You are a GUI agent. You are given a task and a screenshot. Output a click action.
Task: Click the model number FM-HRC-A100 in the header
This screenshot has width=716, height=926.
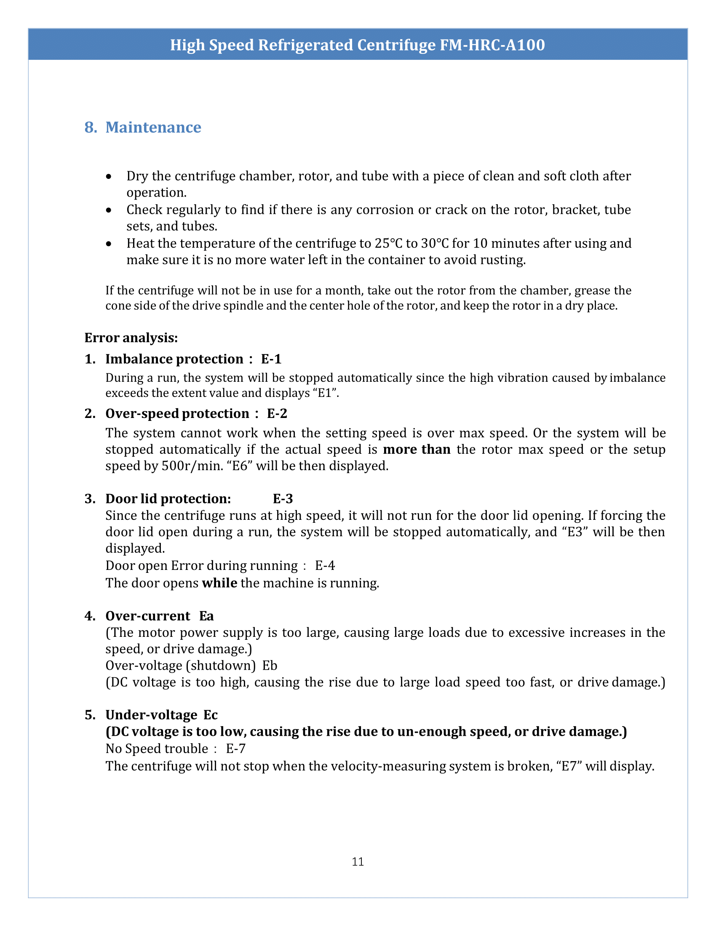(x=492, y=45)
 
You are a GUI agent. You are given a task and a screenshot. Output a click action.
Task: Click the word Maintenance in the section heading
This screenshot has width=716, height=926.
(x=153, y=127)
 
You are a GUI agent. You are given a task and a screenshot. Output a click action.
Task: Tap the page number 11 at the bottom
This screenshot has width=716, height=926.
(x=358, y=862)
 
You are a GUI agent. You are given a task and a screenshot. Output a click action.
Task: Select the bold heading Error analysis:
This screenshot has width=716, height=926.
(x=131, y=338)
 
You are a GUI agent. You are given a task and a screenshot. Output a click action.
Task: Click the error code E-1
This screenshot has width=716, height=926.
(x=271, y=359)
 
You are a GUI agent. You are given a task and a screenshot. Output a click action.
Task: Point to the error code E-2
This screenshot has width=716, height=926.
(x=277, y=413)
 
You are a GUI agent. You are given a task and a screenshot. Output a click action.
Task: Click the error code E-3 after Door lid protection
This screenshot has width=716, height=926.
(x=283, y=499)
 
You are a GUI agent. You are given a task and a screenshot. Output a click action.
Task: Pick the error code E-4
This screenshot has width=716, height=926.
(x=325, y=566)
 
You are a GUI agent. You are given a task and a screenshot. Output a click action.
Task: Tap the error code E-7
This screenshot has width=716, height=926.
(x=235, y=749)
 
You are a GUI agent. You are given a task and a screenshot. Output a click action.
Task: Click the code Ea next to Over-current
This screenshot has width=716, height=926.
(x=206, y=616)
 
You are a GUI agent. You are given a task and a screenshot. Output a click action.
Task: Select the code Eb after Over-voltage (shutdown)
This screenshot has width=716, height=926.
(x=270, y=666)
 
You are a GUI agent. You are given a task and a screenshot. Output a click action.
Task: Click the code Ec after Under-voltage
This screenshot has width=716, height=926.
(x=211, y=715)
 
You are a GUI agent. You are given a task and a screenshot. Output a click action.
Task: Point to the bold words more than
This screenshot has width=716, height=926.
(x=417, y=450)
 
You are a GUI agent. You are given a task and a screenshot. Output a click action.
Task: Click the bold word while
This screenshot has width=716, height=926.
(x=219, y=583)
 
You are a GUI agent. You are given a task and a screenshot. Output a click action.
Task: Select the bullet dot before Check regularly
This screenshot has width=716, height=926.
(x=109, y=210)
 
